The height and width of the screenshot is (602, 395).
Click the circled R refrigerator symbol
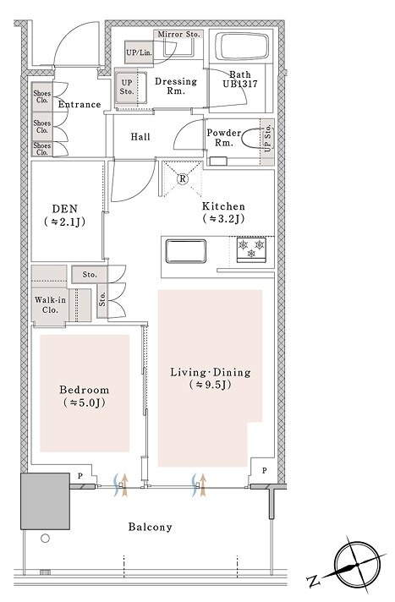pyautogui.click(x=183, y=179)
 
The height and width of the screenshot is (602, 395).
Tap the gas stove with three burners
pyautogui.click(x=251, y=250)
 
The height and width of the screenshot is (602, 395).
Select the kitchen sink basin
pyautogui.click(x=185, y=251)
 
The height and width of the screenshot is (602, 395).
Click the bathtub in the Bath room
pyautogui.click(x=242, y=46)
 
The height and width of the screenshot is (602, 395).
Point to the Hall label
pyautogui.click(x=140, y=137)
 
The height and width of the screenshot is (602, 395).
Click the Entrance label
pyautogui.click(x=80, y=105)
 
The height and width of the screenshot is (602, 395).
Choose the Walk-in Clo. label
pyautogui.click(x=51, y=305)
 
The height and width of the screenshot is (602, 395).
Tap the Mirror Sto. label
pyautogui.click(x=179, y=35)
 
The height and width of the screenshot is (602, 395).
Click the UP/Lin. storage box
pyautogui.click(x=139, y=52)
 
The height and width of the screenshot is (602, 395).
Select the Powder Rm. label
pyautogui.click(x=223, y=138)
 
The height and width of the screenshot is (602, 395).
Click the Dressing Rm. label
pyautogui.click(x=176, y=86)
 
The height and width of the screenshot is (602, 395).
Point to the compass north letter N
pyautogui.click(x=315, y=582)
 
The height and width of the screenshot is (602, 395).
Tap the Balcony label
pyautogui.click(x=151, y=527)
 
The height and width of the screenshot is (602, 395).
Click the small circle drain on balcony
pyautogui.click(x=46, y=539)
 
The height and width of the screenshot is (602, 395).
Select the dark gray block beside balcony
pyautogui.click(x=45, y=501)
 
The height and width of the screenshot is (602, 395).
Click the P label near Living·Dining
pyautogui.click(x=265, y=471)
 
